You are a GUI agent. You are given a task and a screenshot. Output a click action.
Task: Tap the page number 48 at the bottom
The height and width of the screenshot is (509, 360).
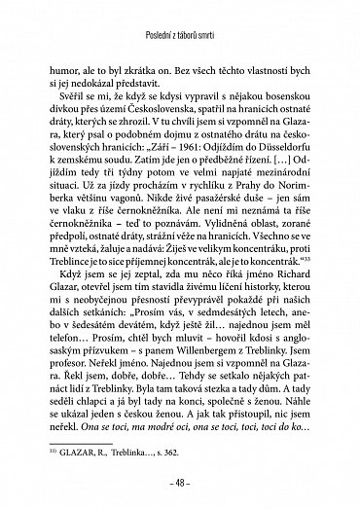(180, 480)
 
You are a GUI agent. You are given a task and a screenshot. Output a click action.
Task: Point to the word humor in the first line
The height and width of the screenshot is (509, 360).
(66, 70)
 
